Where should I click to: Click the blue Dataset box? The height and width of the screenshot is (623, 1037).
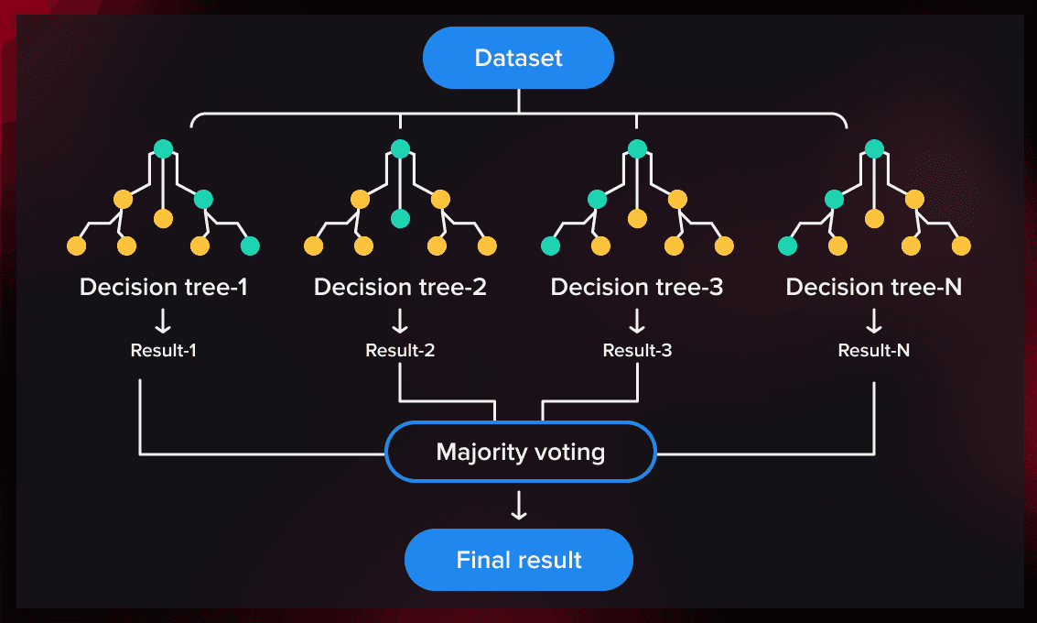click(518, 58)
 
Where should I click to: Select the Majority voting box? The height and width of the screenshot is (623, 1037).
click(521, 452)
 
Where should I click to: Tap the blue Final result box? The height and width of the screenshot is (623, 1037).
click(519, 559)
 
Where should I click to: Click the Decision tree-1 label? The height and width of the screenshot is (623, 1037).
click(164, 288)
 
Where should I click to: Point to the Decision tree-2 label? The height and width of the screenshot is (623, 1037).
click(400, 288)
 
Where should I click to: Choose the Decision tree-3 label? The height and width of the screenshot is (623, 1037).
click(637, 288)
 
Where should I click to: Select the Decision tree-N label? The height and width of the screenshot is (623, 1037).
click(874, 288)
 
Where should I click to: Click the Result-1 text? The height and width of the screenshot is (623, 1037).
click(164, 350)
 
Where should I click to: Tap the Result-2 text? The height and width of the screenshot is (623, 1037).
click(400, 350)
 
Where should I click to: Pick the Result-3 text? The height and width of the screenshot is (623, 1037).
click(637, 350)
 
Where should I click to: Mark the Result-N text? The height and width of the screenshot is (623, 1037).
click(874, 350)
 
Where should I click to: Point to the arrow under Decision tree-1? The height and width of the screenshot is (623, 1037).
click(164, 321)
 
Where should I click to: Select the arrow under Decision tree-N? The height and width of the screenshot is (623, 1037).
click(874, 321)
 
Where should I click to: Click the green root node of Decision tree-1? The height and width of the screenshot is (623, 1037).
click(163, 148)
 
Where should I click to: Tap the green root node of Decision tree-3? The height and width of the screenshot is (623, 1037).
click(637, 148)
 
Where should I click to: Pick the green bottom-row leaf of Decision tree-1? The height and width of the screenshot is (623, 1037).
click(250, 246)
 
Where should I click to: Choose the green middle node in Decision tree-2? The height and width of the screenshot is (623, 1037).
click(400, 218)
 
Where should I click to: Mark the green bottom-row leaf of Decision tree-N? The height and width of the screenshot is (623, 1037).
click(786, 246)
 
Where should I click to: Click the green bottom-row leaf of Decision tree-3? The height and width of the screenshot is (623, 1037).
click(550, 246)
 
